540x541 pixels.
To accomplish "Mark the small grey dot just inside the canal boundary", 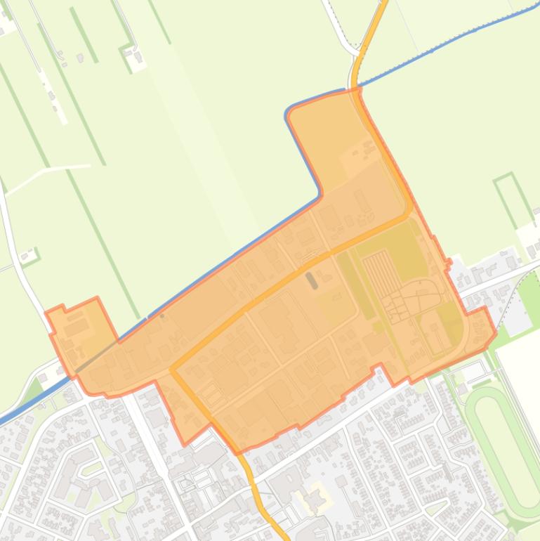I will click(162, 296).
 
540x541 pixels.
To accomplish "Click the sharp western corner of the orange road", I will click(173, 368).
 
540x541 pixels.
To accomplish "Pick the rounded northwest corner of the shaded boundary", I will click(290, 112).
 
